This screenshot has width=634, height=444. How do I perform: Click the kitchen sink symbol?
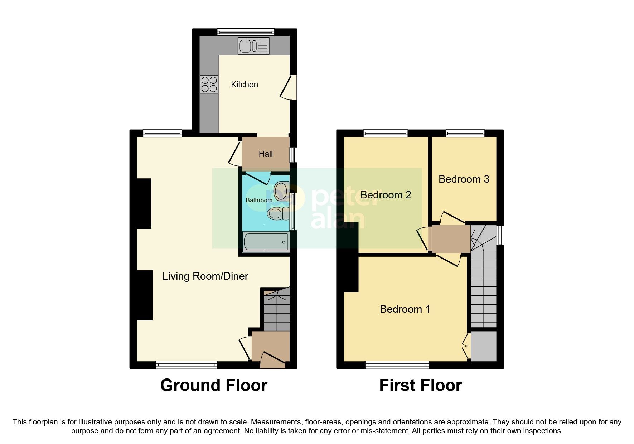(x=253, y=46)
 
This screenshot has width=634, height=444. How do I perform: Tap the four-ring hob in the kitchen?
(x=209, y=85)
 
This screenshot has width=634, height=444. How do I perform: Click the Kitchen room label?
(x=244, y=85)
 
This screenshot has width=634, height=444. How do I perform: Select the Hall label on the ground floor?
(x=266, y=154)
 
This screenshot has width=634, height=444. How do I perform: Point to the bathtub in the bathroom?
(x=266, y=242)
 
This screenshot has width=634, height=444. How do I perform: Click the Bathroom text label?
(x=259, y=200)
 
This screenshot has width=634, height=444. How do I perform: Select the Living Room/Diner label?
(x=205, y=276)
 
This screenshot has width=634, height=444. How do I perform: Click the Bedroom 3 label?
(x=464, y=179)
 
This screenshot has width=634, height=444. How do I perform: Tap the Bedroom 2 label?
(x=386, y=195)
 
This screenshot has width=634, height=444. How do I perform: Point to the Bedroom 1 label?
(x=405, y=309)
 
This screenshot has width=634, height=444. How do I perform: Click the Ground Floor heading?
(x=214, y=385)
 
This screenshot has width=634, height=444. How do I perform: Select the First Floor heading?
(x=420, y=385)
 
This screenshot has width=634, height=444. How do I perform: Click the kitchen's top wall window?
(x=246, y=32)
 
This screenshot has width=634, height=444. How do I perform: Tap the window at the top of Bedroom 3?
(x=465, y=133)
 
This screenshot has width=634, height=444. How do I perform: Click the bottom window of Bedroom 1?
(x=397, y=365)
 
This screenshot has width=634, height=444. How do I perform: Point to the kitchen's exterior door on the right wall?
(x=291, y=87)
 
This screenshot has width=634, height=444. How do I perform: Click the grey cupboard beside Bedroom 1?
(x=483, y=346)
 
